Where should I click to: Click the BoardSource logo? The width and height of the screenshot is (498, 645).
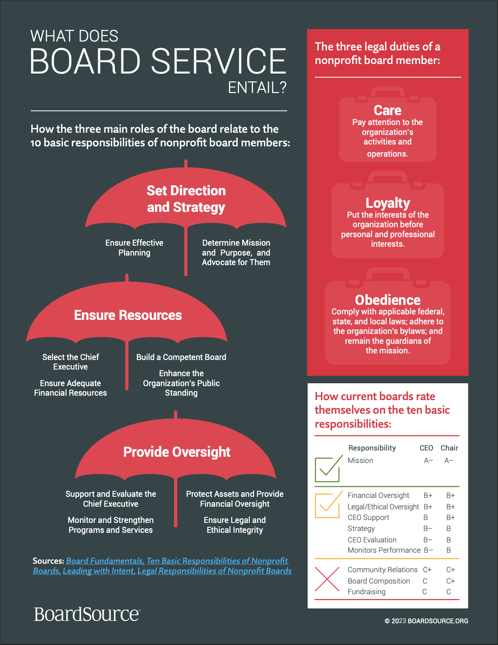[87, 614]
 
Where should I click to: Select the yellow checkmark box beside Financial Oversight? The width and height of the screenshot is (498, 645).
[327, 505]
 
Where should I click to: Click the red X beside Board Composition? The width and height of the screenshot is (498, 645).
[327, 579]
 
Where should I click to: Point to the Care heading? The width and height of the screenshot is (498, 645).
[388, 110]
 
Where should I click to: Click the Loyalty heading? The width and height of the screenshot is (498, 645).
[388, 203]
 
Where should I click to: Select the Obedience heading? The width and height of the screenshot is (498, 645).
[388, 300]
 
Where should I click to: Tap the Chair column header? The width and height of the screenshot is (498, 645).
[449, 448]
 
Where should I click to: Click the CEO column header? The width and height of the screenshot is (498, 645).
[426, 448]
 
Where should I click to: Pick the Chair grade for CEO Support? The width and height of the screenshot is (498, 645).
[451, 517]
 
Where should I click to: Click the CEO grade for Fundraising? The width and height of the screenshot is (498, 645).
[424, 592]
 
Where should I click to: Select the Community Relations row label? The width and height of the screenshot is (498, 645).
[383, 570]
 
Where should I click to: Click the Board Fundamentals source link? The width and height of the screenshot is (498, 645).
[105, 561]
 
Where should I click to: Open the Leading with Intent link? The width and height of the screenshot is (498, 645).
[99, 571]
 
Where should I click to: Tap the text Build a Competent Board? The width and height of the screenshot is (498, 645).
[181, 357]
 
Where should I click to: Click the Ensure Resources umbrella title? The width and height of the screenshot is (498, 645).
[128, 315]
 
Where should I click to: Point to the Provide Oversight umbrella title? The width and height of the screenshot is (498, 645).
[177, 452]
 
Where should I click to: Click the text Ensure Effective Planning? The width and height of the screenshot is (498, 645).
[134, 247]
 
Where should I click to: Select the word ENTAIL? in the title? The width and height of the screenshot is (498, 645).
[257, 88]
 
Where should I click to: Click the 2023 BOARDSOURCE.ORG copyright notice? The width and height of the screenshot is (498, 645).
[427, 621]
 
